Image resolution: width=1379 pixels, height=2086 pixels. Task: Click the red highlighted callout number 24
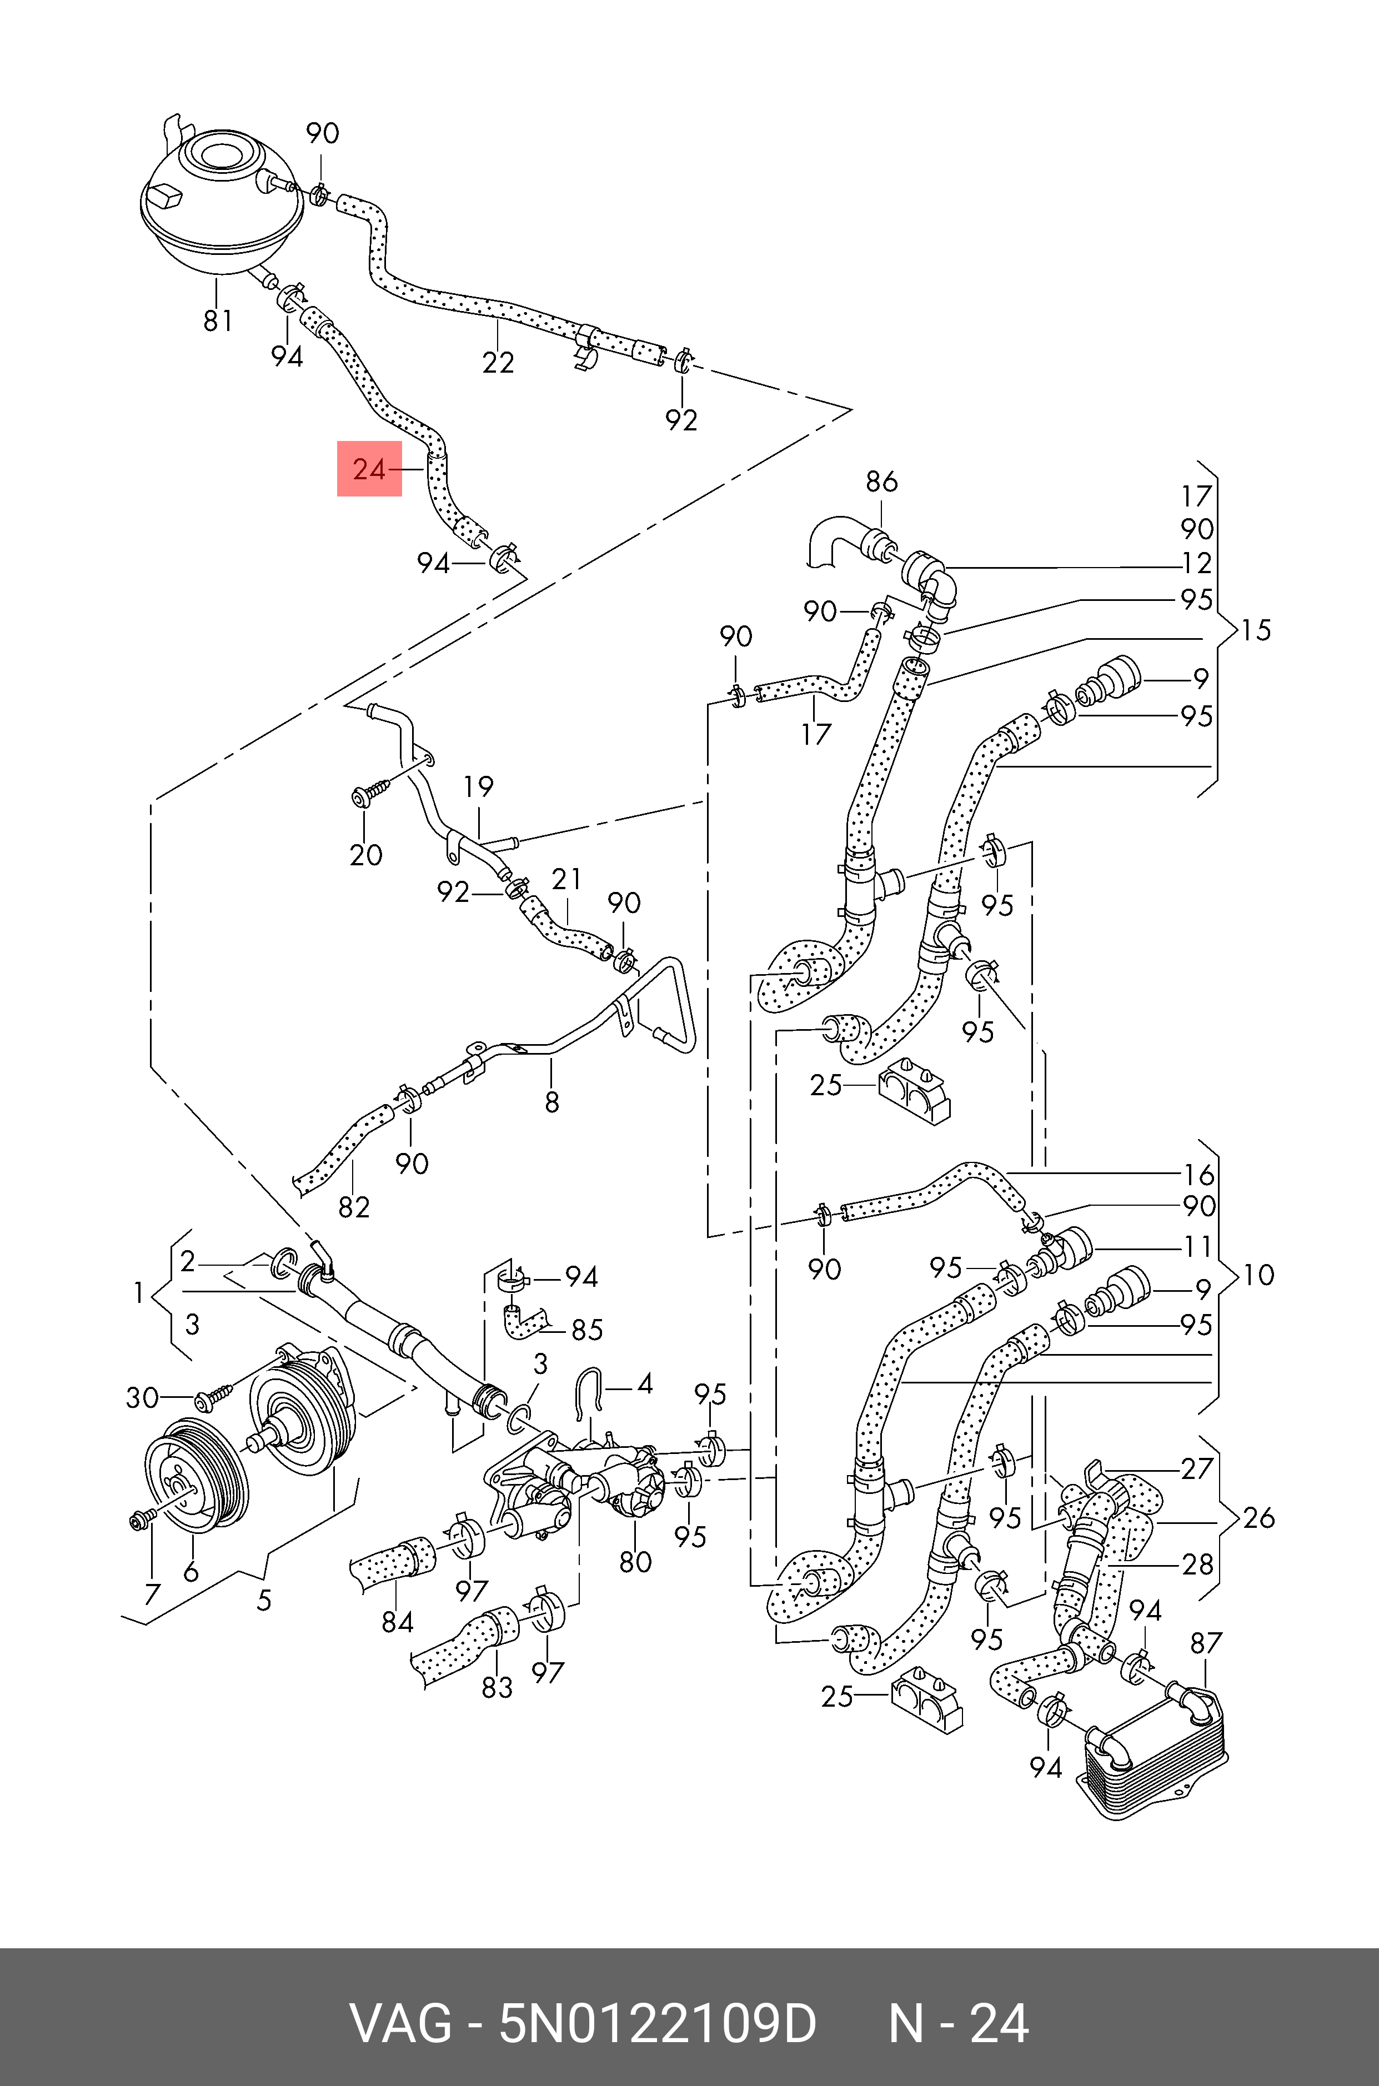pyautogui.click(x=369, y=470)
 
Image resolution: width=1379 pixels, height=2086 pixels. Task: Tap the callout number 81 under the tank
pyautogui.click(x=218, y=321)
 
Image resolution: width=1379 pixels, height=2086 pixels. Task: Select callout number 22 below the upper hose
pyautogui.click(x=498, y=362)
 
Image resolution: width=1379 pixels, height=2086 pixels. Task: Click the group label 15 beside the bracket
pyautogui.click(x=1256, y=630)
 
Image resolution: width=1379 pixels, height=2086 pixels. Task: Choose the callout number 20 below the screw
pyautogui.click(x=366, y=854)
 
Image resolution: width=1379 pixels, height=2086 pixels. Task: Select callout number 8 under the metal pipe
pyautogui.click(x=551, y=1102)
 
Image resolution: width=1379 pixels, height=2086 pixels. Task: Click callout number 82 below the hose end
pyautogui.click(x=354, y=1207)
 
